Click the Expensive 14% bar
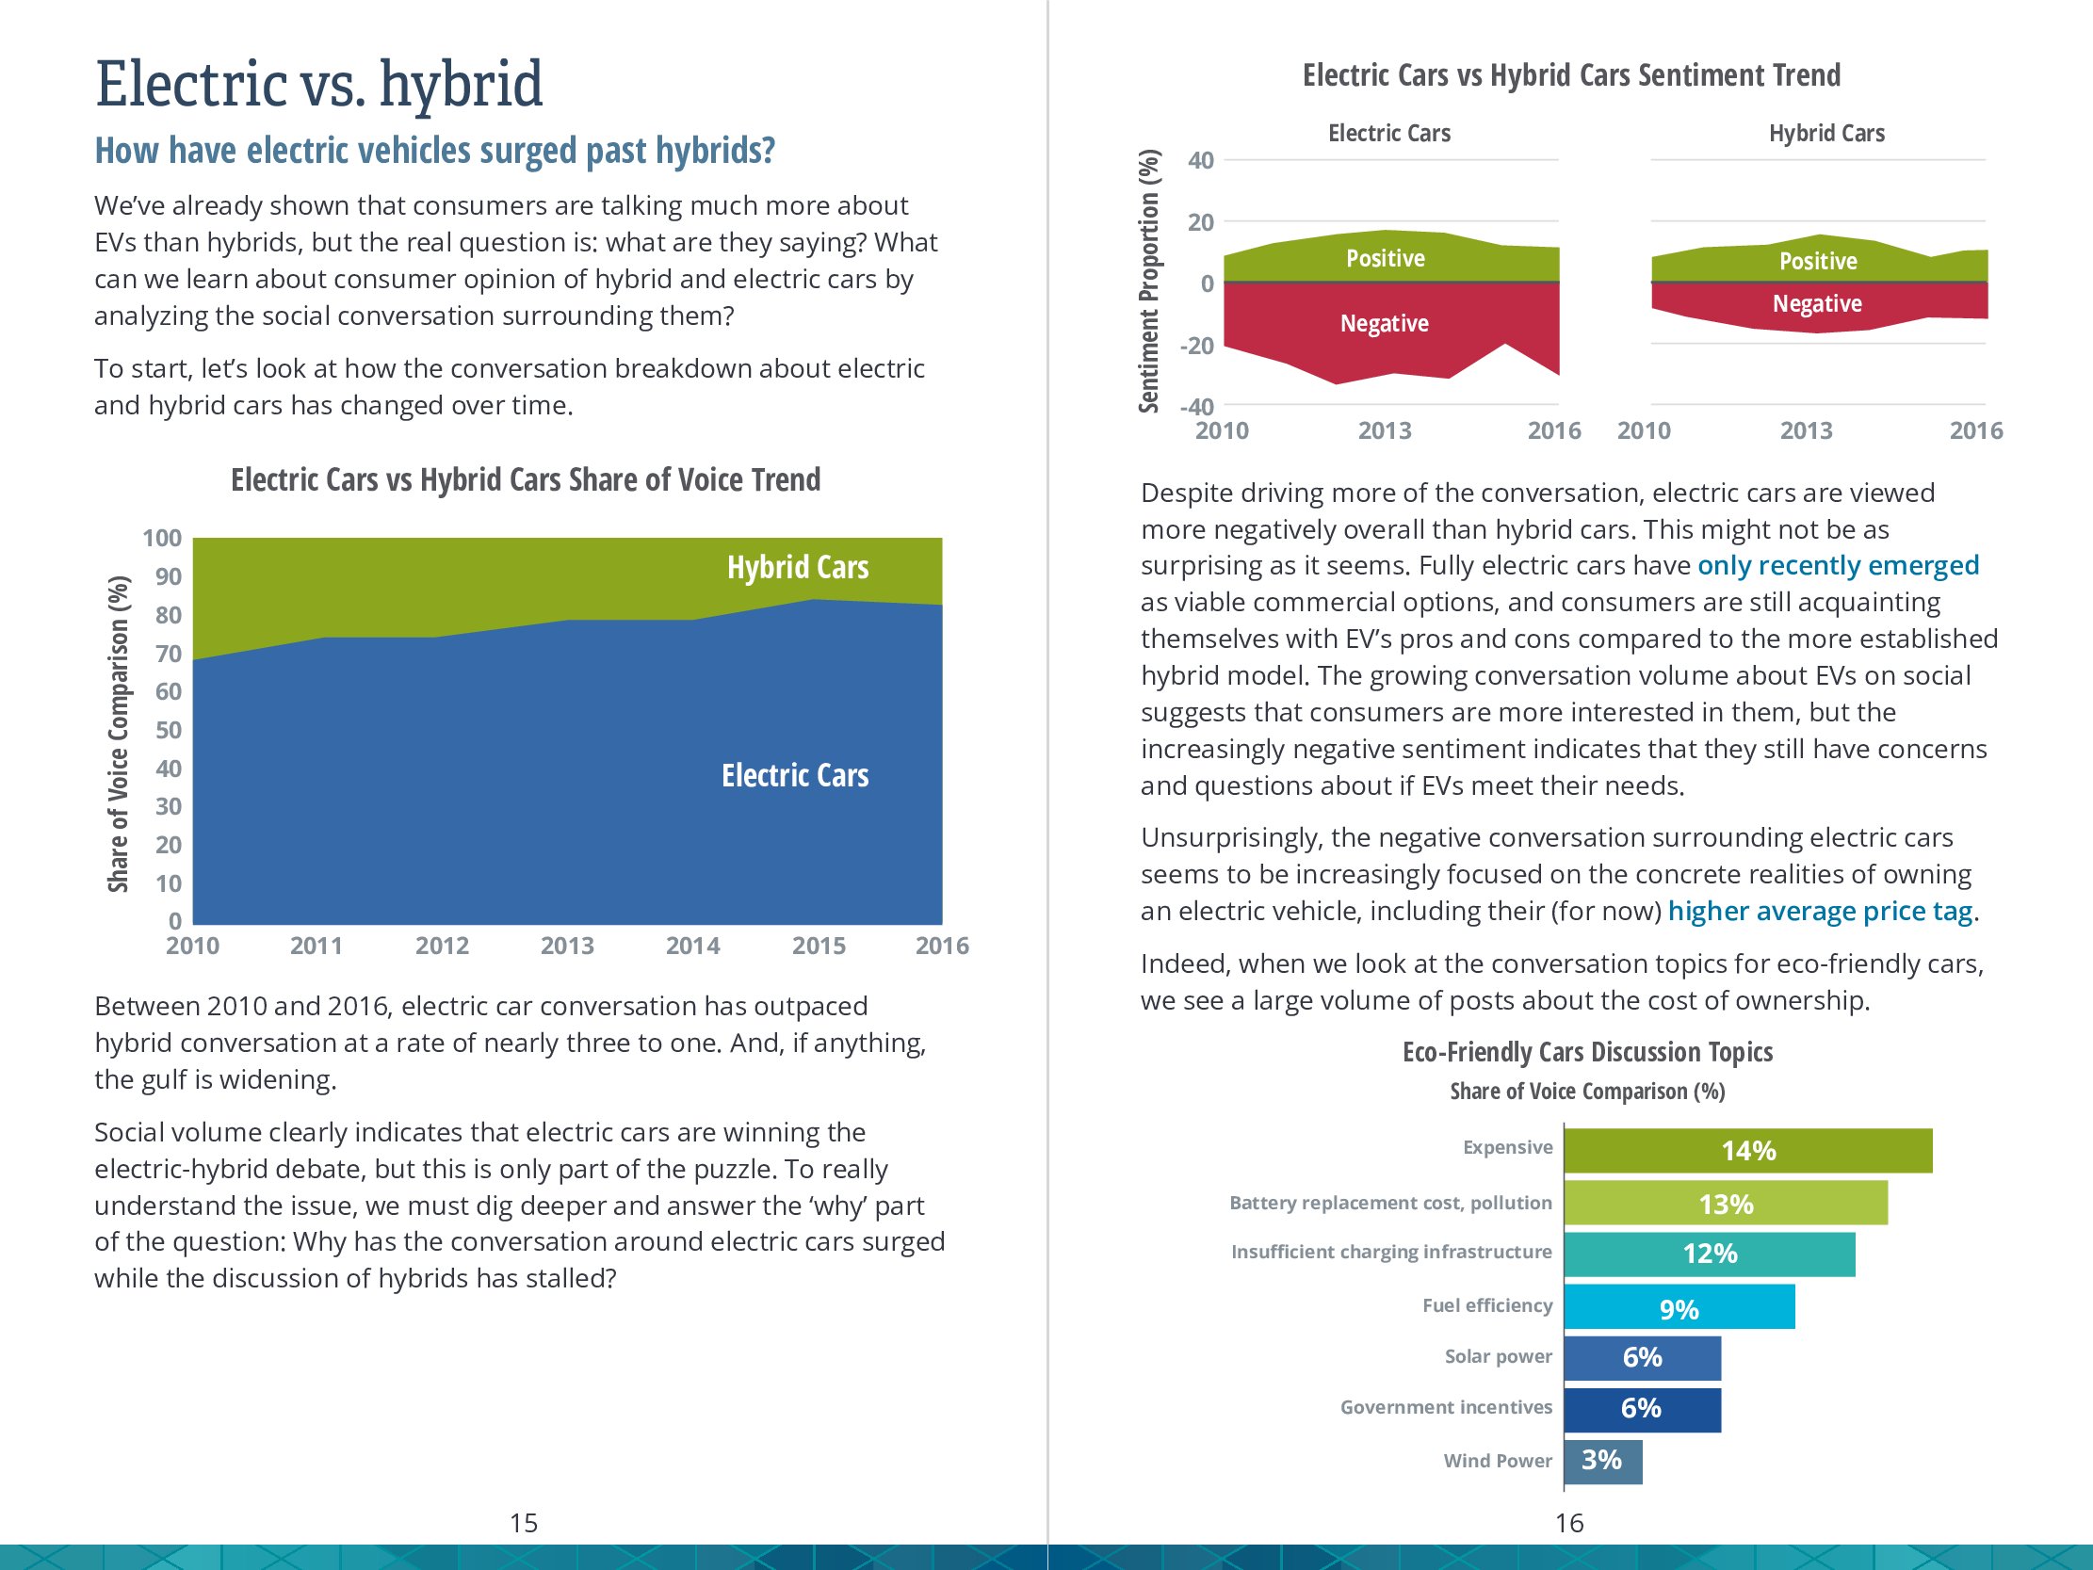point(1746,1150)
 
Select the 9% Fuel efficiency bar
point(1679,1307)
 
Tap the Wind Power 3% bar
point(1602,1460)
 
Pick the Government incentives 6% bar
point(1642,1408)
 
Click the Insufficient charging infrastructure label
point(1391,1252)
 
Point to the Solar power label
point(1498,1356)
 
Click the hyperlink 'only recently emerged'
point(1838,565)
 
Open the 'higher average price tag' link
point(1820,911)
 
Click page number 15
point(524,1522)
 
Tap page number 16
point(1568,1522)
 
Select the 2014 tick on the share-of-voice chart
point(692,946)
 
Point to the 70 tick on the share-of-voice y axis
point(169,654)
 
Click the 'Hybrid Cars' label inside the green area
point(798,567)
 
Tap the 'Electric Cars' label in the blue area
point(795,775)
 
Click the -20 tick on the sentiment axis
point(1197,346)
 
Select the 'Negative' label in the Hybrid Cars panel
point(1817,304)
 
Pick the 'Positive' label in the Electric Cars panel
point(1386,258)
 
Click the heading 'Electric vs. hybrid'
point(320,83)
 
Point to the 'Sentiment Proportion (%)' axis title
point(1148,281)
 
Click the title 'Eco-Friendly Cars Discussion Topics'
point(1587,1051)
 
